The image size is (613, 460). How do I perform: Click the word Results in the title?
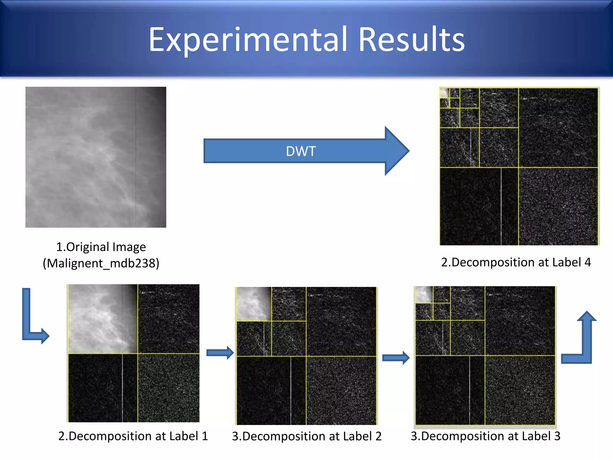tap(411, 40)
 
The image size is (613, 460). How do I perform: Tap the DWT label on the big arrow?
tap(301, 151)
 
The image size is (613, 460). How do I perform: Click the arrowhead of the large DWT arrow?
tap(397, 151)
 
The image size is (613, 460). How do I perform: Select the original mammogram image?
tap(96, 157)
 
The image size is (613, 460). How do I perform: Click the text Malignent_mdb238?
tap(101, 263)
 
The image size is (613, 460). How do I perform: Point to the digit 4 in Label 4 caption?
tap(588, 262)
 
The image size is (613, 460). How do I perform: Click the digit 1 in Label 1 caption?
tap(205, 436)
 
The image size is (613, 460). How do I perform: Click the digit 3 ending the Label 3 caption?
tap(557, 436)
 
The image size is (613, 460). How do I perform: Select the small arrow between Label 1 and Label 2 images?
tap(220, 353)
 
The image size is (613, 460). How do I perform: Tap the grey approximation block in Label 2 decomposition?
tap(254, 304)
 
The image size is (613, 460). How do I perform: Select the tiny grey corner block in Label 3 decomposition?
tap(424, 294)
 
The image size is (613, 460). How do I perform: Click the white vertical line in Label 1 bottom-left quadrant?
tap(122, 388)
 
